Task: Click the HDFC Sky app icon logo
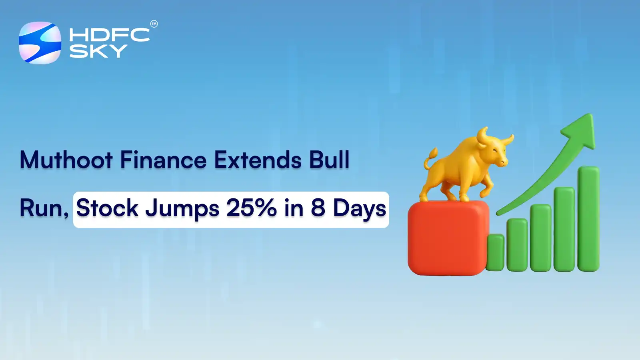click(40, 43)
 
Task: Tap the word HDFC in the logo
click(109, 35)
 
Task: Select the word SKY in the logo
click(98, 51)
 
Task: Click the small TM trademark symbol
click(154, 24)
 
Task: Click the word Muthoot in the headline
click(66, 160)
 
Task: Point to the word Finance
click(163, 160)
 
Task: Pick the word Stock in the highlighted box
click(107, 208)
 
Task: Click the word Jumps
click(182, 209)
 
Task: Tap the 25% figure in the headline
click(251, 208)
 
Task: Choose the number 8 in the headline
click(318, 208)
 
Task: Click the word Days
click(359, 209)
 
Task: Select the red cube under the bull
click(447, 238)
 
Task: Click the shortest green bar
click(495, 253)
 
